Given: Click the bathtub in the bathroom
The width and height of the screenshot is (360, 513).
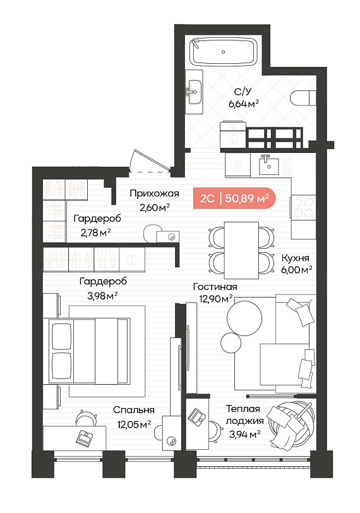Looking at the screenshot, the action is [224, 52].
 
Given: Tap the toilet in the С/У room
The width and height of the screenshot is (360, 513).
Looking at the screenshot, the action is [303, 98].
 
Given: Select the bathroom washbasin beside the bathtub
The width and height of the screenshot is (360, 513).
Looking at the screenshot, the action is [195, 92].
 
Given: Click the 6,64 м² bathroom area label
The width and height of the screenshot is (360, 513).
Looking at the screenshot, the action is [244, 104].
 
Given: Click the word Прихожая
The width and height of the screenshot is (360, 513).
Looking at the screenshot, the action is [154, 193].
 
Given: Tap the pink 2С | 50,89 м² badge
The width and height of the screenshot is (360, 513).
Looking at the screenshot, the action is [234, 198].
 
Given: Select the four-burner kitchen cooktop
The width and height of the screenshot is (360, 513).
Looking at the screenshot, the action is [303, 207].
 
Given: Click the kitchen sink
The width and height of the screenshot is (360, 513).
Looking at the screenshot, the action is [269, 166].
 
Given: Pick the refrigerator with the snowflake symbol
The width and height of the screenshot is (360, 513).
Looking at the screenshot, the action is [237, 165].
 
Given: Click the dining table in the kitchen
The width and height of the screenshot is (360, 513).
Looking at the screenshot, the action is [241, 250].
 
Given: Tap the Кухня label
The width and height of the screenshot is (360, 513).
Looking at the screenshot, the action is [295, 258].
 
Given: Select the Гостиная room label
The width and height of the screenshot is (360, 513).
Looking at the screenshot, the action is [215, 287].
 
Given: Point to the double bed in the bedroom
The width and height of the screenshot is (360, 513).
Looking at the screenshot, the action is [89, 351].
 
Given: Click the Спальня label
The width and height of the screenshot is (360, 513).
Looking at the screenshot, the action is [134, 410].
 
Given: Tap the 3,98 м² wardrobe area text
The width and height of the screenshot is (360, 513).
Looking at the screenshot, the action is [102, 296].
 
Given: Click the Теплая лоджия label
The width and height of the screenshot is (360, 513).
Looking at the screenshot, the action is [244, 415].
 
